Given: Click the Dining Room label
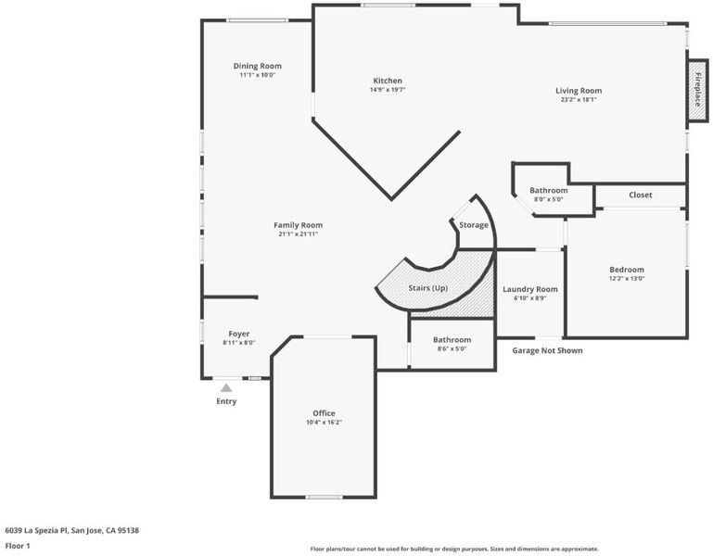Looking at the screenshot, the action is tap(258, 66).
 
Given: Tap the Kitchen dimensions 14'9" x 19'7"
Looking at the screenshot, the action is tap(388, 90).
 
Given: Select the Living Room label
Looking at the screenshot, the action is tap(579, 91).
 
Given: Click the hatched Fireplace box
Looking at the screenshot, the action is tap(697, 90).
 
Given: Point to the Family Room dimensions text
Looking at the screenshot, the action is tap(299, 234).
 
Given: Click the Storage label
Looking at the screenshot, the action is tap(474, 225).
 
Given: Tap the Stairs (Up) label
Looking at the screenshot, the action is tap(427, 288).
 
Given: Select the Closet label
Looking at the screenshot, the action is tap(641, 195).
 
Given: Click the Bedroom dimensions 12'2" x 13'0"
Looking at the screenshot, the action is tap(627, 279).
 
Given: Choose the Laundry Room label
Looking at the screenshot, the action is tap(530, 289).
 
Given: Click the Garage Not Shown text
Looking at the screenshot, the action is tap(547, 350).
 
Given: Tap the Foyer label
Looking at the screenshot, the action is tap(238, 334).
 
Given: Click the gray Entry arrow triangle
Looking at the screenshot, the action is tap(226, 387).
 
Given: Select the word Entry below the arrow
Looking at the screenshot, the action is tap(226, 401).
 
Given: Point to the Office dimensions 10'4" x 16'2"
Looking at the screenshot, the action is tap(324, 423).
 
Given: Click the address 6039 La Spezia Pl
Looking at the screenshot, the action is tap(36, 530).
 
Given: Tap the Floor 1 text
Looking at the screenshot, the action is tap(18, 546).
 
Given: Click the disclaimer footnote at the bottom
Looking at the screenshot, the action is tap(454, 549).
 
